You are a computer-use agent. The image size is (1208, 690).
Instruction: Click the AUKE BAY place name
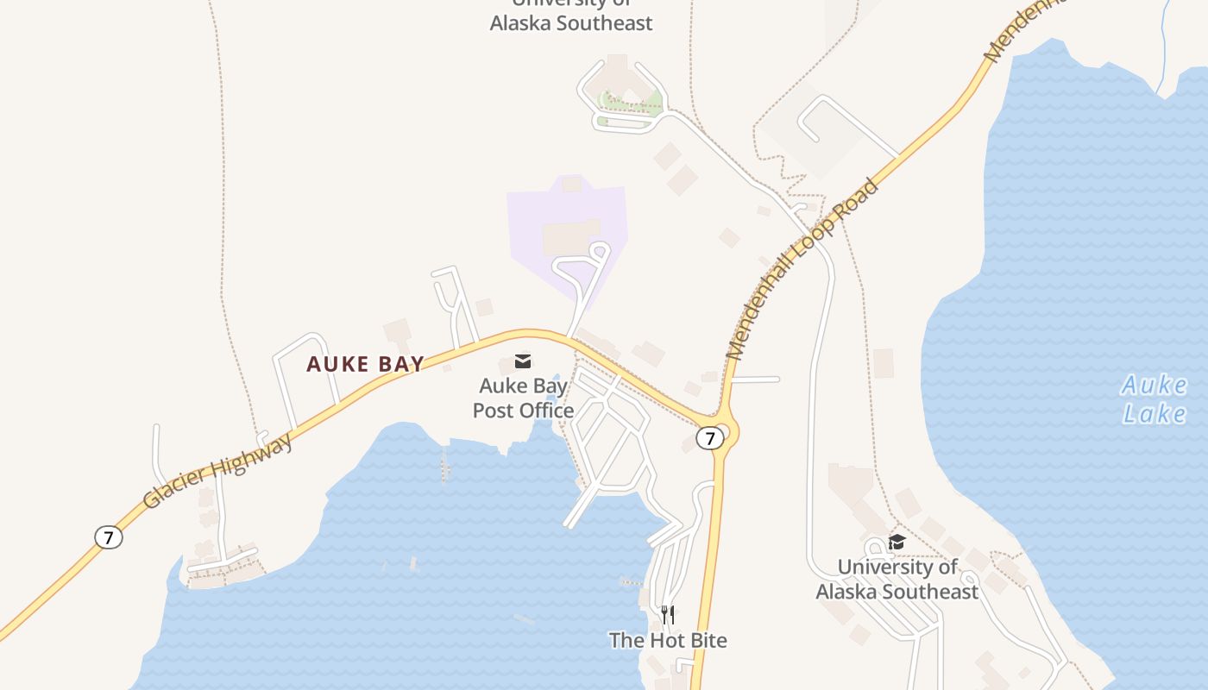[x=366, y=364]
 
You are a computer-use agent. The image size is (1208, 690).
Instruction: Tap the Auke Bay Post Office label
[x=523, y=398]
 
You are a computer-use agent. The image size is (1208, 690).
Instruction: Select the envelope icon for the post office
[x=523, y=361]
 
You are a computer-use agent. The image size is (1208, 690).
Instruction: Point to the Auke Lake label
[x=1155, y=399]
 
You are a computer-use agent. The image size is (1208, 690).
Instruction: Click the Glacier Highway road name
[x=217, y=471]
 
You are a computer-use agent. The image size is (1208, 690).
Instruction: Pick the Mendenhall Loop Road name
[x=802, y=269]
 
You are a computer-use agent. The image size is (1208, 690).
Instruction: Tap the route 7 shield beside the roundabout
[x=709, y=438]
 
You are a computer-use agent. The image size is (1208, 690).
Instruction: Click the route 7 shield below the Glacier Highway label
[x=108, y=537]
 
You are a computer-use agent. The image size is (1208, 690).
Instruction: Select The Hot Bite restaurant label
[x=668, y=640]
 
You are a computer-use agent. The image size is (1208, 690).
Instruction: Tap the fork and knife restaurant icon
[x=668, y=614]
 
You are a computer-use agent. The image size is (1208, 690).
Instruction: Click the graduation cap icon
[x=897, y=542]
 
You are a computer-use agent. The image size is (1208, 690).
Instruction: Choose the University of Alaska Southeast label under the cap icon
[x=897, y=579]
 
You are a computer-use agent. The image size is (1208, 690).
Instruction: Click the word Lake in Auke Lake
[x=1155, y=413]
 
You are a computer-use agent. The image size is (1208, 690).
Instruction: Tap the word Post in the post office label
[x=494, y=410]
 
